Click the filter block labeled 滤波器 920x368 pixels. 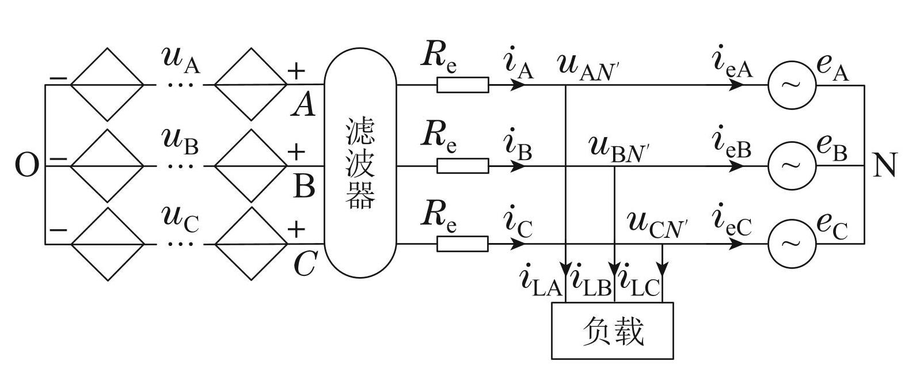point(360,163)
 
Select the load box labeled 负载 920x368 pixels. point(612,331)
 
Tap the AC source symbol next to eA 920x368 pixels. point(792,85)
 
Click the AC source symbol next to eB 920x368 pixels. point(792,166)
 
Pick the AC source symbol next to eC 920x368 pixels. point(792,244)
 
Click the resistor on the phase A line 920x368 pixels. point(462,85)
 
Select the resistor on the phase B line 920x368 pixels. point(462,166)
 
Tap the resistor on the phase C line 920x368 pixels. point(462,244)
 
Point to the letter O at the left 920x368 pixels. point(26,166)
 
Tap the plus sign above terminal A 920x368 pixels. point(295,71)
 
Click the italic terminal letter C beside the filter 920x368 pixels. point(304,265)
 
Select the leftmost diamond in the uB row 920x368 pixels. point(107,166)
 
